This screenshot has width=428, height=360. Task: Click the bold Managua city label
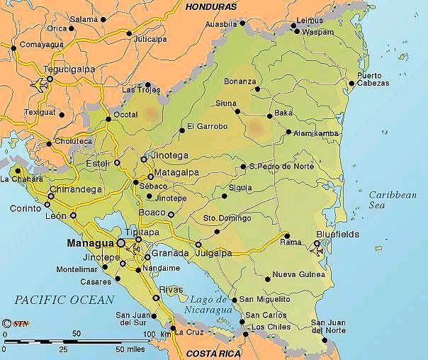click(90, 243)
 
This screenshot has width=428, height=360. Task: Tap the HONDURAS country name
click(210, 6)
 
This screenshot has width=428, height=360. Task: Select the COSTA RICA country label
click(213, 352)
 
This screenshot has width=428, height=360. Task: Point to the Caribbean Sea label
click(392, 199)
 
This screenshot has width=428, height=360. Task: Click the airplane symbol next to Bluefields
click(317, 248)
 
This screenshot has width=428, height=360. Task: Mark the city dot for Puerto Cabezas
click(351, 84)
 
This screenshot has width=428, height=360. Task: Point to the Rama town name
click(291, 242)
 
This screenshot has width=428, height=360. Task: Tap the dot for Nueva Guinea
click(267, 278)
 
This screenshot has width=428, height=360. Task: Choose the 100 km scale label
click(157, 333)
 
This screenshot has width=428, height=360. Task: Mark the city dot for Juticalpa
click(129, 33)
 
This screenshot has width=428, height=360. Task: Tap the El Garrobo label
click(208, 127)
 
